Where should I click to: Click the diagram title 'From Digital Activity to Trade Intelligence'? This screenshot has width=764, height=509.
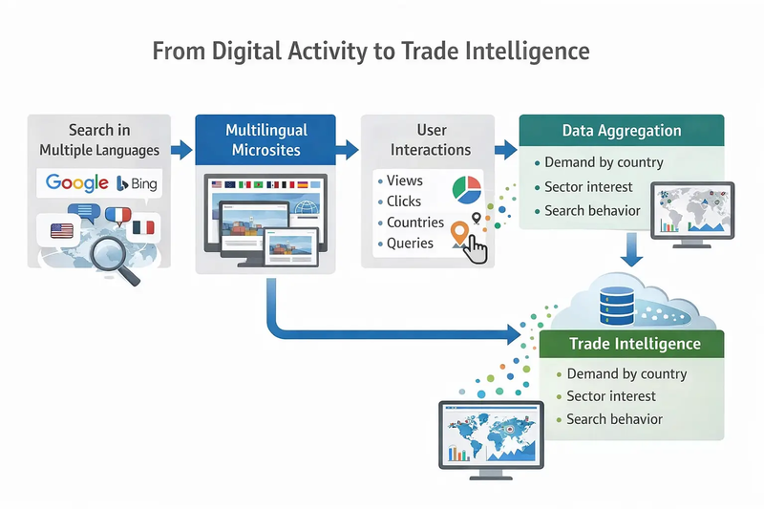pyautogui.click(x=371, y=51)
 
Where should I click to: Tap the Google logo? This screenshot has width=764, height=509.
pyautogui.click(x=76, y=182)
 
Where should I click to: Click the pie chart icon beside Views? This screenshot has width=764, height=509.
pyautogui.click(x=465, y=187)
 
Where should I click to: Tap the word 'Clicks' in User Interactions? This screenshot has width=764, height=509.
pyautogui.click(x=403, y=201)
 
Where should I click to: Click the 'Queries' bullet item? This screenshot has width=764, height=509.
pyautogui.click(x=410, y=244)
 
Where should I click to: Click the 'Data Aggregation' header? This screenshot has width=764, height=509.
pyautogui.click(x=621, y=131)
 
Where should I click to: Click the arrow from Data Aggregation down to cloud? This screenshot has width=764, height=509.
pyautogui.click(x=630, y=250)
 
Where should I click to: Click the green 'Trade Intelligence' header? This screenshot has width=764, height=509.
pyautogui.click(x=634, y=344)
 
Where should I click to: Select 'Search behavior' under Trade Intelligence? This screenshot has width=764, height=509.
pyautogui.click(x=613, y=419)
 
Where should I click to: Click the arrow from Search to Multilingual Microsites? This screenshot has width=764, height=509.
pyautogui.click(x=180, y=150)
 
